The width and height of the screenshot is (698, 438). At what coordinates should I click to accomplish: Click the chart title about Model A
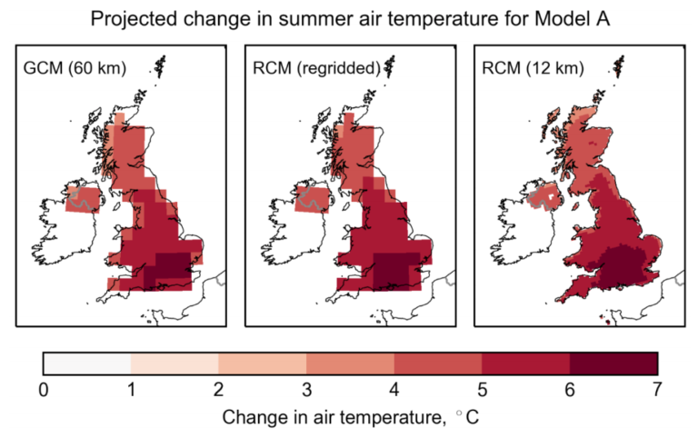[x=349, y=18]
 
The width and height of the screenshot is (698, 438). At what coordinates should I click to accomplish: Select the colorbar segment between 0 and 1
[x=87, y=363]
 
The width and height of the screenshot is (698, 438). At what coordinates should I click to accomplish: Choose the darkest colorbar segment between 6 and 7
[x=613, y=363]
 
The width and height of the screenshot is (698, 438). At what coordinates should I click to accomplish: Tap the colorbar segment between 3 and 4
[x=350, y=363]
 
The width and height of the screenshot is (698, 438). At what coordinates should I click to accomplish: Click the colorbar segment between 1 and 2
[x=174, y=363]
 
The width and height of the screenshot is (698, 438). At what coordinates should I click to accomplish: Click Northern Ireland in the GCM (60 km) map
[x=84, y=200]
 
